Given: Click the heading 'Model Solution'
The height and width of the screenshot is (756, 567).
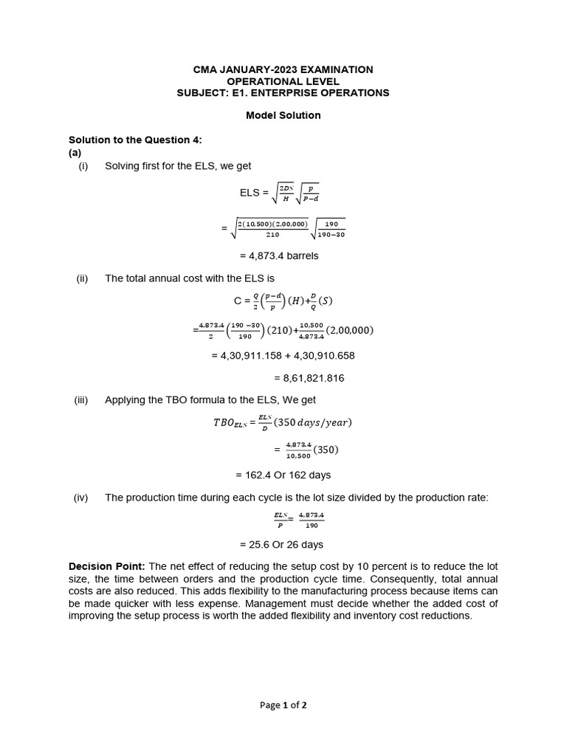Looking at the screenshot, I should [x=283, y=115].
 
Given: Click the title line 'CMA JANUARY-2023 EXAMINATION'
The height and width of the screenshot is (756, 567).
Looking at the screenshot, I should [x=283, y=69].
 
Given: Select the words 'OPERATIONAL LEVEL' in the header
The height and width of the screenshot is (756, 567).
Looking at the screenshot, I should [x=283, y=81].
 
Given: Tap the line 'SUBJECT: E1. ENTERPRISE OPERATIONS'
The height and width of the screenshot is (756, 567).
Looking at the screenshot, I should [x=283, y=92].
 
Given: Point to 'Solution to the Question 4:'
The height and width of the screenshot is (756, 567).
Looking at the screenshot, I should [x=135, y=140].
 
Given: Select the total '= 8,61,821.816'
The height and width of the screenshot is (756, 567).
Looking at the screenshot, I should [x=309, y=378].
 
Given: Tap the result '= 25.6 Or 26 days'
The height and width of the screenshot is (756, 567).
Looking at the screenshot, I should [x=281, y=545].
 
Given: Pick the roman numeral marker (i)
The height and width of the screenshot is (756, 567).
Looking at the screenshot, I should [x=83, y=165].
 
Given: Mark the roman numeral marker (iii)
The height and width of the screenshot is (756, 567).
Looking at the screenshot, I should [x=81, y=399].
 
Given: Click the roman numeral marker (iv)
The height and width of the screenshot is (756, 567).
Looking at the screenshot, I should [x=81, y=498].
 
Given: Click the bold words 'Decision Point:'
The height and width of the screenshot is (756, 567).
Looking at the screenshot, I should [x=106, y=566].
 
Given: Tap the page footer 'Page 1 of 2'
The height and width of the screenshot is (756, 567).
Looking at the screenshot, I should [x=283, y=705].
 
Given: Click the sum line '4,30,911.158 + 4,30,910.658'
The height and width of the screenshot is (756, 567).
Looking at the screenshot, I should [x=283, y=355].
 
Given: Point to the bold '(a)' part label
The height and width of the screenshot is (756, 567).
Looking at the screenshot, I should [x=75, y=152].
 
